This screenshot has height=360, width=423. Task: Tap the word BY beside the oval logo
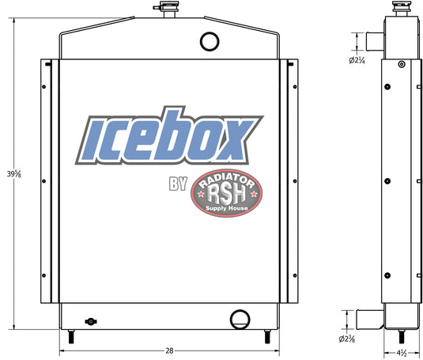tap(177, 186)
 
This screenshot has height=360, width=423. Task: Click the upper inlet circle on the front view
tap(210, 40)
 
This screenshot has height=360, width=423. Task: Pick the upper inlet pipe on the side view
tap(373, 41)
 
